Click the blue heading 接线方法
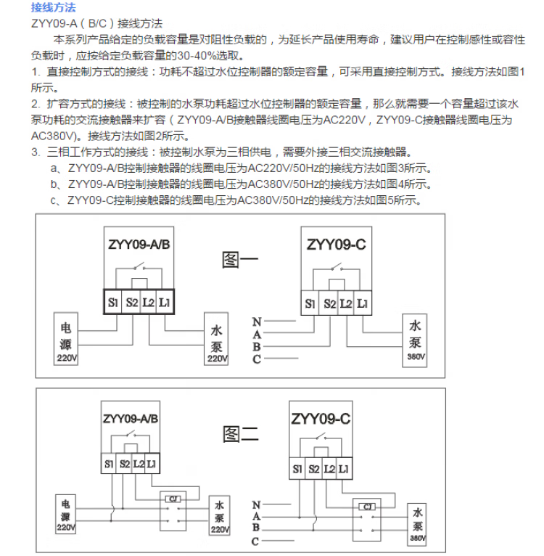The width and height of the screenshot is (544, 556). point(54,7)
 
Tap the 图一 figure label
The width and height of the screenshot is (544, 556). point(239,258)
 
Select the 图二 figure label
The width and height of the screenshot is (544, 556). point(240,433)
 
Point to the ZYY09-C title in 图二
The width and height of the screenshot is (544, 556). point(321,419)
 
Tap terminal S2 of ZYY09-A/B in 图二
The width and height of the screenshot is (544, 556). point(124,462)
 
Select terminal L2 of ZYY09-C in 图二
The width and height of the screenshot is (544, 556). point(329,469)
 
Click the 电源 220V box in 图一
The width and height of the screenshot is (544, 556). point(65,340)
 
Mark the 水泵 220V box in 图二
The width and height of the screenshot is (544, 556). point(218,515)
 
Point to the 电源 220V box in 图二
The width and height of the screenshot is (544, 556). point(66,515)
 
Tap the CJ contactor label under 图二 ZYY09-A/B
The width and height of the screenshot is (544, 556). point(173,498)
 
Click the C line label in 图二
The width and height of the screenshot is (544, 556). point(255,541)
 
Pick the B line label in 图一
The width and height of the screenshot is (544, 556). point(257,347)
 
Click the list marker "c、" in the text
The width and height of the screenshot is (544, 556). point(55,200)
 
